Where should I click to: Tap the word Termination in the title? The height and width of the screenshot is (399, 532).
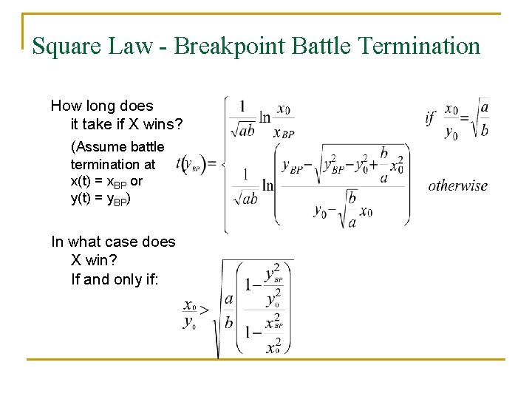coord(419,47)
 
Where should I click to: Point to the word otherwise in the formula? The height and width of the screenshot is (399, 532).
coord(458,185)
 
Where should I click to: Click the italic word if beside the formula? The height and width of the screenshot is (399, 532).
coord(430,117)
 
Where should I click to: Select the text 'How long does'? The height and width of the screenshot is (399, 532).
coord(102,106)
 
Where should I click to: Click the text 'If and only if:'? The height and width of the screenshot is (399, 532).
coord(115,279)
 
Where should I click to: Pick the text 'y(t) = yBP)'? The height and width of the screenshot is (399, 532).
coord(100,198)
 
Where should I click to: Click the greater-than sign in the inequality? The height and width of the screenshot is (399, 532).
coord(205,311)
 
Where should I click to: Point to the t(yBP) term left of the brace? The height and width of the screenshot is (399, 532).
coord(191,164)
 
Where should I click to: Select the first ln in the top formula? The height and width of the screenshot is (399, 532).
coord(265,117)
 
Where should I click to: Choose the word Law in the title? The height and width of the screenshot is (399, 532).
coord(129,47)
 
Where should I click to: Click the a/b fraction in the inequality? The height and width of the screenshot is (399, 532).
coord(229,311)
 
